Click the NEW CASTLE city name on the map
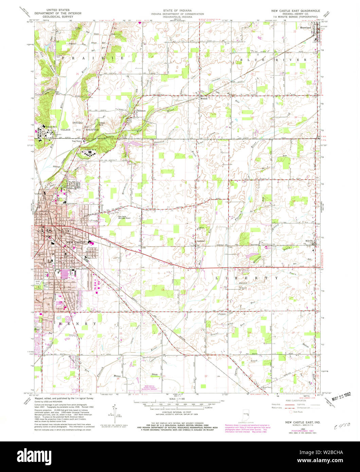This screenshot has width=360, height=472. coord(74,242)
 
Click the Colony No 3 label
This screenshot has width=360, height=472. coord(90,150)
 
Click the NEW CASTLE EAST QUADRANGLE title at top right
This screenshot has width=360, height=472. coord(295,11)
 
